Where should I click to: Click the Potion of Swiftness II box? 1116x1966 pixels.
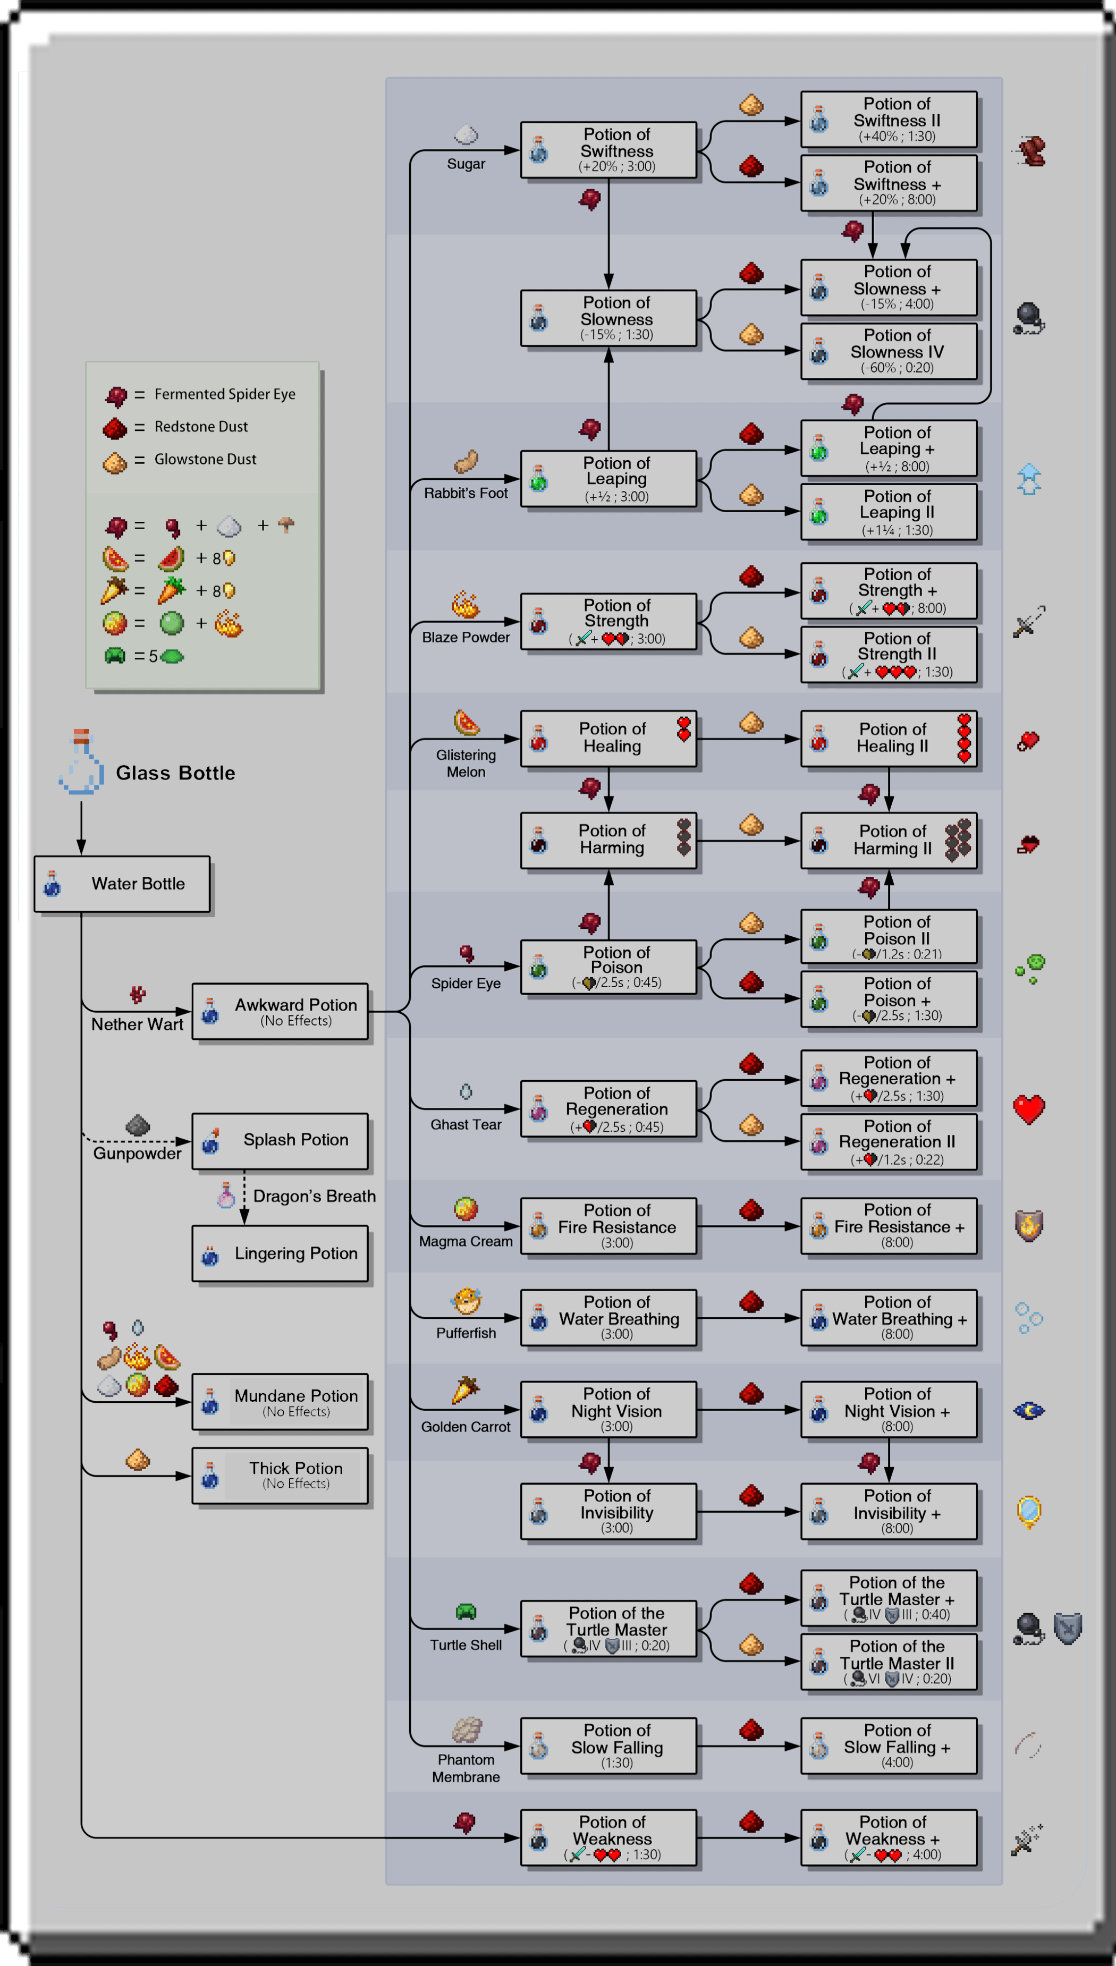tap(889, 120)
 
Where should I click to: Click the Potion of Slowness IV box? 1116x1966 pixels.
tap(889, 351)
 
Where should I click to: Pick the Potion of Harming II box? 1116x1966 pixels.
tap(889, 841)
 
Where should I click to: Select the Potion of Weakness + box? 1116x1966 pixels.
tap(889, 1837)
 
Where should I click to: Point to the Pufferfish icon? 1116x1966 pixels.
tap(466, 1300)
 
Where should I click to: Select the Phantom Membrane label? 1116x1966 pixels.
tap(466, 1768)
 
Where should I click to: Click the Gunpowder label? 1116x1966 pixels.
tap(137, 1153)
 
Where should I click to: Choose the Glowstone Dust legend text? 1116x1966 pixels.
tap(206, 460)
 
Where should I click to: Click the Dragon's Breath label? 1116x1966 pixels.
tap(314, 1196)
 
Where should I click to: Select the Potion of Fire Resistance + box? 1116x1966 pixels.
tap(889, 1226)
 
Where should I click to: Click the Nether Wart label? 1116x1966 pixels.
tap(137, 1024)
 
